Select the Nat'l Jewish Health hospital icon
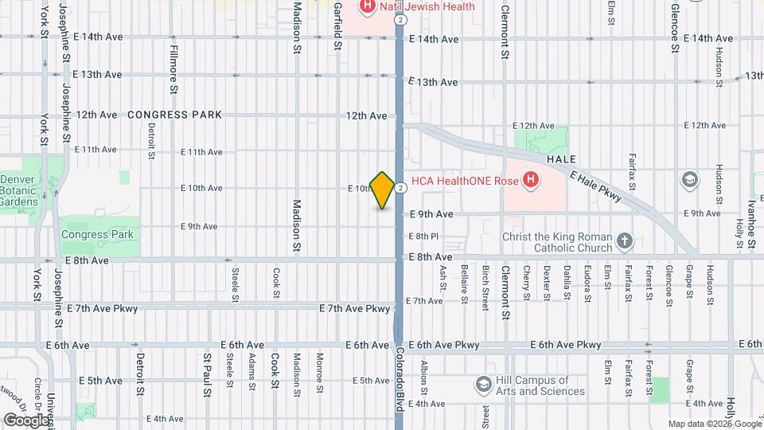pos(368,7)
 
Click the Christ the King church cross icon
pos(626,240)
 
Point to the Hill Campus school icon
pos(483,385)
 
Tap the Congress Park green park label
pos(97,235)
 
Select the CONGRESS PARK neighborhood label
pos(174,115)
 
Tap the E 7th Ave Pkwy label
pos(355,308)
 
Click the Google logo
pos(26,420)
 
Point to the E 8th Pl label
pos(423,236)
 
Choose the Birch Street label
pos(485,284)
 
